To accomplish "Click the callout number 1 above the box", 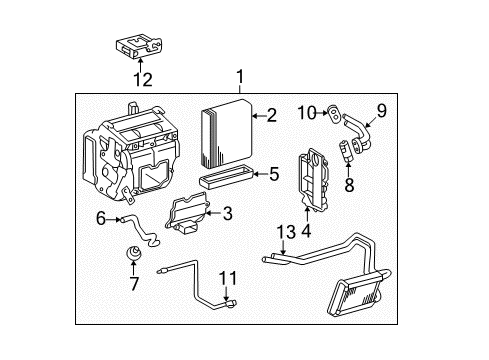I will click(x=239, y=77).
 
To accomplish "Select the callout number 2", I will click(x=271, y=116).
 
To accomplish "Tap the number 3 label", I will click(x=227, y=212).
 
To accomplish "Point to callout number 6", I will click(x=101, y=218).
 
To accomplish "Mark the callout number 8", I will click(x=348, y=185).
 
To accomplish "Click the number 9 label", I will click(x=381, y=112).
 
